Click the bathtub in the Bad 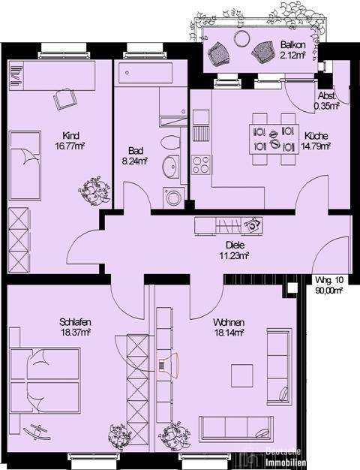click(x=145, y=73)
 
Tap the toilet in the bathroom click(x=170, y=142)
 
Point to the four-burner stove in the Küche click(x=201, y=165)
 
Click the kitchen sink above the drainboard click(x=201, y=117)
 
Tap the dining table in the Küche click(x=274, y=139)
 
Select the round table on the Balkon click(x=241, y=38)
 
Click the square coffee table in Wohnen click(x=241, y=375)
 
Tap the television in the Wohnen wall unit click(x=168, y=365)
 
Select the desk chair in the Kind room click(x=64, y=98)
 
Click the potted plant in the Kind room click(x=94, y=191)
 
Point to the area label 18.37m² click(x=76, y=332)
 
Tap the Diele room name click(x=235, y=246)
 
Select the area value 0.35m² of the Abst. click(x=326, y=106)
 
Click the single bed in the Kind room click(x=25, y=166)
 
